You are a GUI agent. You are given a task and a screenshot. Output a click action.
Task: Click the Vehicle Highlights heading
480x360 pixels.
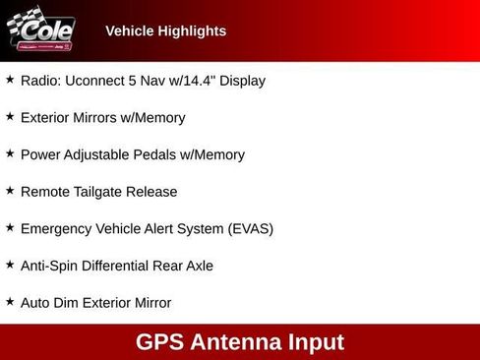tap(165, 30)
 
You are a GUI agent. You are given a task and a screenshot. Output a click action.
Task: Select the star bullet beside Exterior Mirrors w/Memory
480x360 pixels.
tap(10, 117)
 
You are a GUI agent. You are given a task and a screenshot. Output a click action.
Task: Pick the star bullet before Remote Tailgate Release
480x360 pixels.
tap(10, 191)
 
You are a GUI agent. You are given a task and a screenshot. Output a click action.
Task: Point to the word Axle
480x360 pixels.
tap(196, 266)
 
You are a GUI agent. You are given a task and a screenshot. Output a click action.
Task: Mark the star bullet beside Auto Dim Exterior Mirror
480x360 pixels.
tap(10, 302)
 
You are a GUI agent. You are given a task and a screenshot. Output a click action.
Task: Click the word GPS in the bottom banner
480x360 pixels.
tap(161, 342)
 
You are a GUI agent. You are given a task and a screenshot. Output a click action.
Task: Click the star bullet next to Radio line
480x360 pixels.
tap(10, 80)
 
